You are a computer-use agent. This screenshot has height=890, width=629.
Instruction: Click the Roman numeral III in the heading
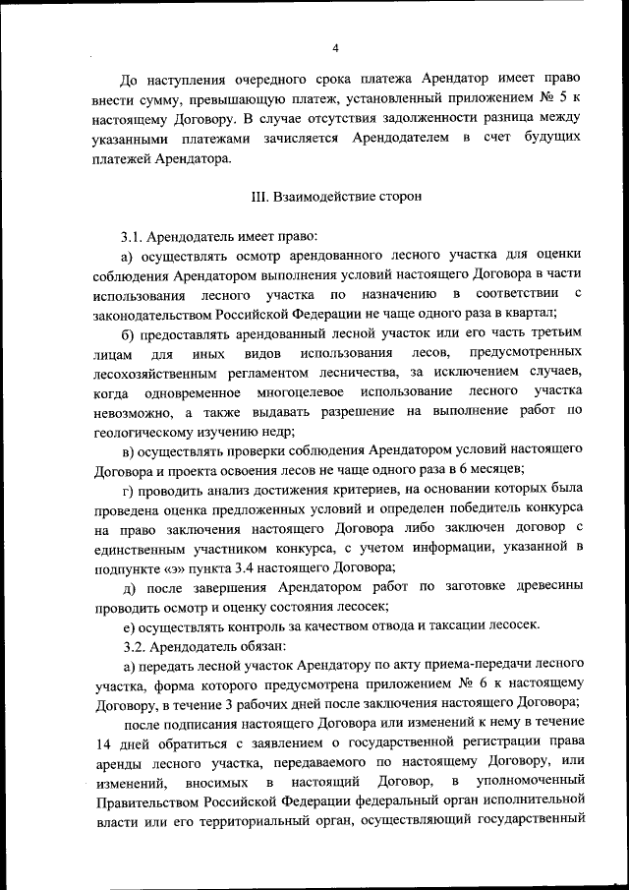click(260, 197)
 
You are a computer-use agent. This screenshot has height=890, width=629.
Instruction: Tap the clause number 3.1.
click(133, 238)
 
